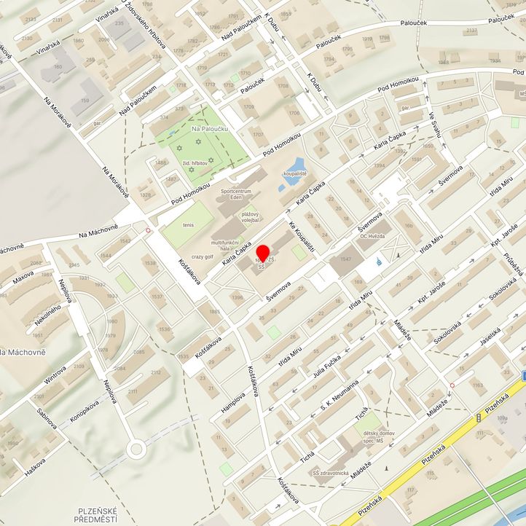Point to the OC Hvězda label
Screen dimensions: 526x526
click(373, 235)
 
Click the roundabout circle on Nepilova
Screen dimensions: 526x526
click(136, 449)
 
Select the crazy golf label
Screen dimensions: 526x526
click(203, 256)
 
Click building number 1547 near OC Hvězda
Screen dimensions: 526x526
click(345, 259)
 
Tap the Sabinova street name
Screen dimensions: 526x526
click(46, 420)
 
